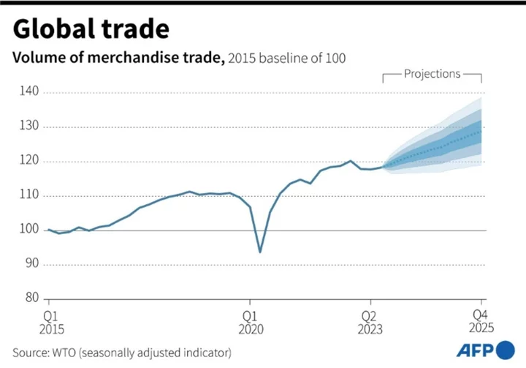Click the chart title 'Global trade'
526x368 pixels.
[x=91, y=29]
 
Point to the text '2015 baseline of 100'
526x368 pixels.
[x=286, y=59]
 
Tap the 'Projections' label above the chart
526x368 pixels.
[x=432, y=74]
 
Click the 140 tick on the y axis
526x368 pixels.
[x=30, y=92]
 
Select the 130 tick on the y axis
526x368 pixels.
[x=30, y=127]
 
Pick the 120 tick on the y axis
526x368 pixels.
[x=30, y=161]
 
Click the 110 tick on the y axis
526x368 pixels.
[x=30, y=195]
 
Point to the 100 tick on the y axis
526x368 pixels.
[x=30, y=230]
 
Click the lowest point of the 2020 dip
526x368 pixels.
[x=260, y=252]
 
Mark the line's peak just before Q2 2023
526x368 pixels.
[x=351, y=161]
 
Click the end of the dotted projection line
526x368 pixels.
[x=481, y=129]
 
